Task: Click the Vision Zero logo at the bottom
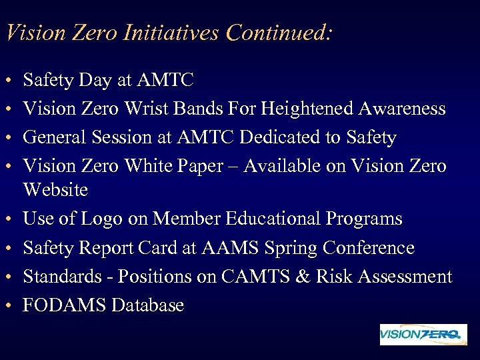(x=423, y=335)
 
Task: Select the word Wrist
(x=166, y=109)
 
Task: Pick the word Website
(x=55, y=190)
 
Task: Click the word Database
(x=147, y=305)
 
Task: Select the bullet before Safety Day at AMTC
(x=7, y=82)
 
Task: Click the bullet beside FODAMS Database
(x=7, y=307)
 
